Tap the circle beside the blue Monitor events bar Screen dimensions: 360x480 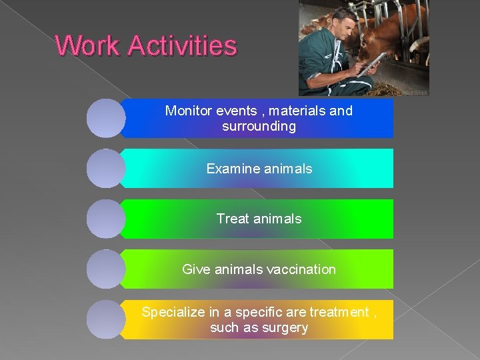[x=106, y=118]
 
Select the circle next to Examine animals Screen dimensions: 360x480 [x=106, y=169]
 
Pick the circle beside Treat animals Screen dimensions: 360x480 [x=106, y=219]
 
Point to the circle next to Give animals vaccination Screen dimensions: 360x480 [x=106, y=269]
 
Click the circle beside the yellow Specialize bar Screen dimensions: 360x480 [x=106, y=319]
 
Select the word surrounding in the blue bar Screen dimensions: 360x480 [x=259, y=126]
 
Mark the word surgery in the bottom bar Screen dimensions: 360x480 [x=286, y=327]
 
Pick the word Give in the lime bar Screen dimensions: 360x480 [x=195, y=269]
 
